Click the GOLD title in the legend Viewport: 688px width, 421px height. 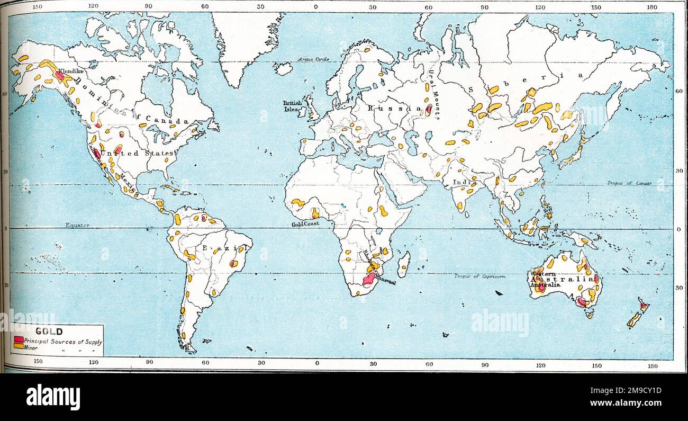click(49, 332)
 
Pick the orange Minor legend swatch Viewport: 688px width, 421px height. click(18, 346)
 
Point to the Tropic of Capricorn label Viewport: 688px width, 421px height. click(480, 276)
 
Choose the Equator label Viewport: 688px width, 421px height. click(77, 225)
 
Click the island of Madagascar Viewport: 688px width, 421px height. click(404, 264)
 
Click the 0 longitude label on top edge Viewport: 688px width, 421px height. click(316, 7)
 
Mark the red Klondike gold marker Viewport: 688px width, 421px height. click(59, 76)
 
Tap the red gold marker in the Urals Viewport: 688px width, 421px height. click(428, 110)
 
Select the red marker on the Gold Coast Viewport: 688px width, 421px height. click(315, 213)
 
